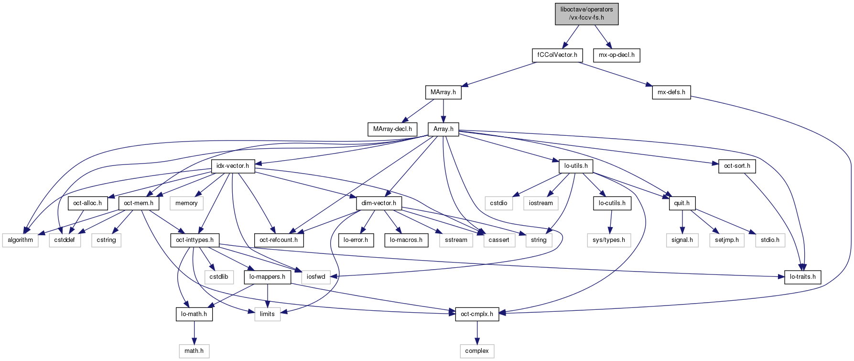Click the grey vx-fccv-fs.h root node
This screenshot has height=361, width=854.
[586, 13]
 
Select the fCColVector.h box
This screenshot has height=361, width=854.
[557, 55]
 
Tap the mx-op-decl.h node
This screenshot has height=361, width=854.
[616, 55]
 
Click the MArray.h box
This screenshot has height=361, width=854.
[443, 92]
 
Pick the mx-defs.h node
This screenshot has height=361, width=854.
[671, 92]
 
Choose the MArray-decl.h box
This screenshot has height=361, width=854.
[392, 129]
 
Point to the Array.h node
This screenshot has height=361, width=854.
[443, 129]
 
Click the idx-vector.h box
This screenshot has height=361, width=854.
[233, 166]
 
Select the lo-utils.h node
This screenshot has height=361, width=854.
[576, 166]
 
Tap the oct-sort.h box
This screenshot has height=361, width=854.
[737, 166]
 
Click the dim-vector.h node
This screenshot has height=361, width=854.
[378, 203]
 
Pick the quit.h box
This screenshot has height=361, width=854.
[681, 203]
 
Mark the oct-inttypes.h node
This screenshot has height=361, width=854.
[195, 240]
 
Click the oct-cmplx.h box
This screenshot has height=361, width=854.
[476, 314]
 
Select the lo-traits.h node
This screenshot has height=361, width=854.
[802, 277]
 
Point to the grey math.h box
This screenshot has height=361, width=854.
[194, 351]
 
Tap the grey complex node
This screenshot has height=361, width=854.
[476, 351]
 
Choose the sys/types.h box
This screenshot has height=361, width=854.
[608, 240]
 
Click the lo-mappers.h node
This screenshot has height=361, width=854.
[267, 277]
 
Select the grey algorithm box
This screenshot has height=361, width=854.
[20, 240]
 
